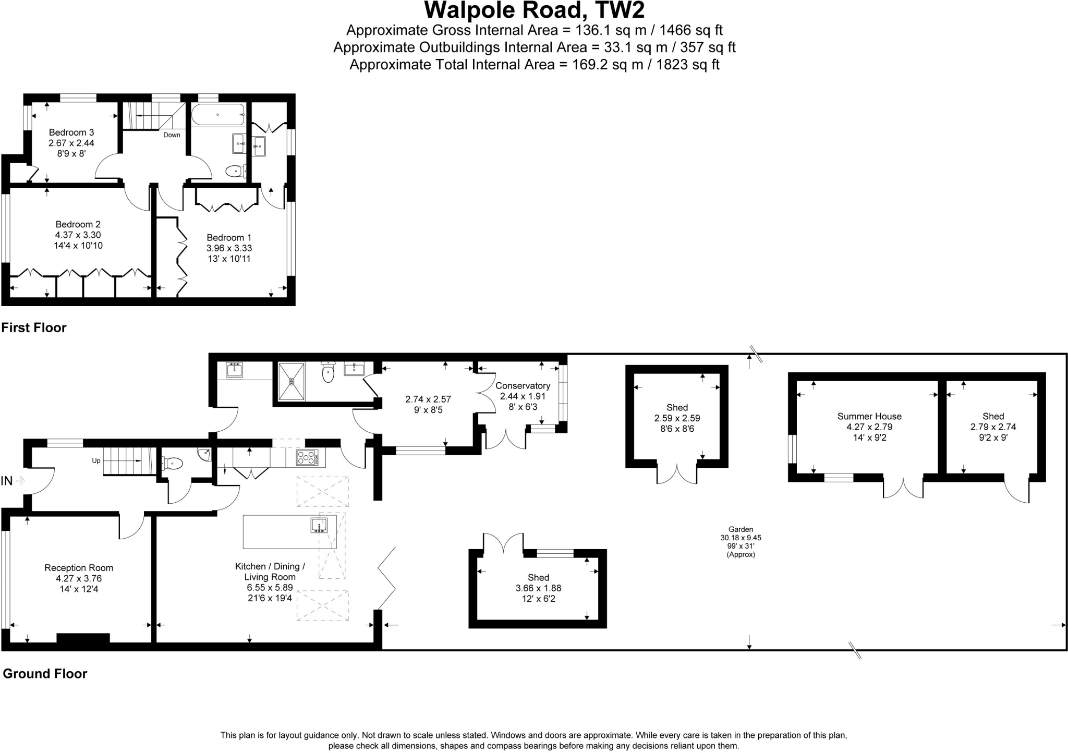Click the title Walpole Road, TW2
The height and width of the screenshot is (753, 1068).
pos(534,10)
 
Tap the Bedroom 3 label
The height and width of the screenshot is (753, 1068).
pos(71,132)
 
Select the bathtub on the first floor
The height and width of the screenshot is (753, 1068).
pos(217,115)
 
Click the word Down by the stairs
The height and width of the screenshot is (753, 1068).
pos(172,135)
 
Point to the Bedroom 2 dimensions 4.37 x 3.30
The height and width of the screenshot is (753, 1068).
pos(78,235)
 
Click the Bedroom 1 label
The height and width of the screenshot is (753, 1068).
pos(229,238)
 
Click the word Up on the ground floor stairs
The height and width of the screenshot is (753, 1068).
pos(96,461)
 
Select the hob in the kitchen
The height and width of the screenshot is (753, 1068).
pos(307,458)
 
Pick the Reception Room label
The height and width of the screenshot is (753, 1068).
pos(79,568)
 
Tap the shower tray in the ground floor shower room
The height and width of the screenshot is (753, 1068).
pos(292,381)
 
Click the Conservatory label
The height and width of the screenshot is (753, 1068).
pos(523,386)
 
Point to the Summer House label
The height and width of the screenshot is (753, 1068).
pos(869,416)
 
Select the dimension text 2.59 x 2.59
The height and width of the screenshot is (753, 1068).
pos(677,418)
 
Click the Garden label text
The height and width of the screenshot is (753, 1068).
pos(741,529)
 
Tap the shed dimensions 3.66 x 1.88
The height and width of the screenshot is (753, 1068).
pos(538,588)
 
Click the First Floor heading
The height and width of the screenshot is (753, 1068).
pos(34,327)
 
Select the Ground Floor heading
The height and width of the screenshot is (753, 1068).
pos(45,674)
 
